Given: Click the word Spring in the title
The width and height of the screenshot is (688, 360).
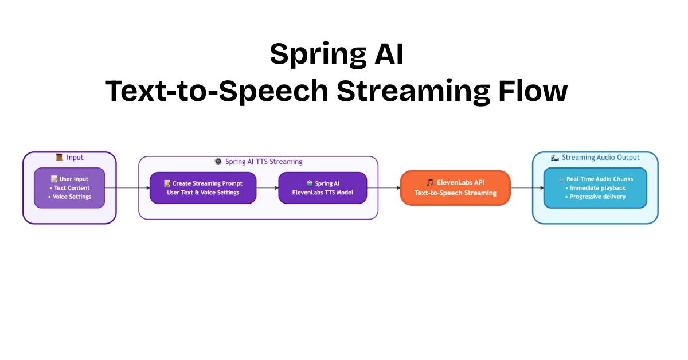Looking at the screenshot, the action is (x=318, y=54).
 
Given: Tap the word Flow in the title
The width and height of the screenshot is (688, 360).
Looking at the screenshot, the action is (x=533, y=91).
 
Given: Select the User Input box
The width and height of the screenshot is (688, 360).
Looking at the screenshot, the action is (x=69, y=187).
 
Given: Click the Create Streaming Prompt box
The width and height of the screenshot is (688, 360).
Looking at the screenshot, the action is (x=203, y=187).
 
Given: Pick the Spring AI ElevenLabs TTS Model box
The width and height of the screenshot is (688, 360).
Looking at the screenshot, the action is (x=322, y=187).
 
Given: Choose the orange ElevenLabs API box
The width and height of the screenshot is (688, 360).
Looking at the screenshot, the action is (x=455, y=187).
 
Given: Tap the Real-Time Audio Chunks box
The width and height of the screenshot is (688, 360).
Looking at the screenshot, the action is (x=595, y=187).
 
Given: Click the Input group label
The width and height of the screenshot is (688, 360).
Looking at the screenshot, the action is (x=75, y=158).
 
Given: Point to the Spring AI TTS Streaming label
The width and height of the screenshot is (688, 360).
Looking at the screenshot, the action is (x=264, y=162).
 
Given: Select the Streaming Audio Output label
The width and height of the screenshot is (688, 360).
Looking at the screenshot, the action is (x=600, y=158).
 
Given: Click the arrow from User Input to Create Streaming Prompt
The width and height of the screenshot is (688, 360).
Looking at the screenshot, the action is (x=127, y=187).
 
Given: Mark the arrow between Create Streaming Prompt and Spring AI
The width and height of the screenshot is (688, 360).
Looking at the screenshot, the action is (x=268, y=187).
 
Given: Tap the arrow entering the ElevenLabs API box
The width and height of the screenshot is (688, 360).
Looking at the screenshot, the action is (x=384, y=187).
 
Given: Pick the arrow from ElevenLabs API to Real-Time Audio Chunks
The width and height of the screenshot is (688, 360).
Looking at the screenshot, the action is (x=527, y=187).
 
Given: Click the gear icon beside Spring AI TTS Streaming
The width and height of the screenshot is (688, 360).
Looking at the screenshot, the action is (x=218, y=161).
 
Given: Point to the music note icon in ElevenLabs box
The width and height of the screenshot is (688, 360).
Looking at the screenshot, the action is (x=429, y=182).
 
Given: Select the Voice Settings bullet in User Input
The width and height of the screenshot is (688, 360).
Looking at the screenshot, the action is (x=70, y=197).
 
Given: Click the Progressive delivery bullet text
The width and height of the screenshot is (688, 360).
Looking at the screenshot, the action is (x=595, y=197).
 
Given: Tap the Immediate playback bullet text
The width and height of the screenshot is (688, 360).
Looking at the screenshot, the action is (x=595, y=188).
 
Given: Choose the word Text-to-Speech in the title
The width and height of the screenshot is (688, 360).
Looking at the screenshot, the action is (x=217, y=91).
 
